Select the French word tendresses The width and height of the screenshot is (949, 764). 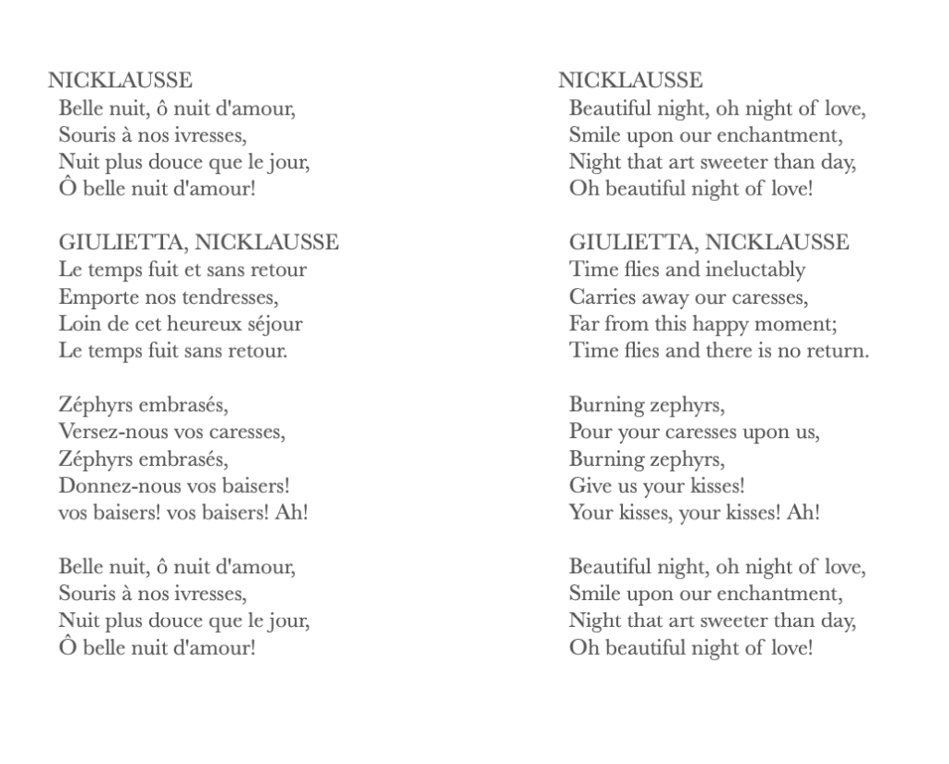[x=225, y=298]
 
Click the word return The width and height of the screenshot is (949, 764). [x=837, y=352]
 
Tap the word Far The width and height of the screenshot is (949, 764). [x=584, y=325]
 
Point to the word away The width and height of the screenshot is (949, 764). [x=661, y=298]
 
